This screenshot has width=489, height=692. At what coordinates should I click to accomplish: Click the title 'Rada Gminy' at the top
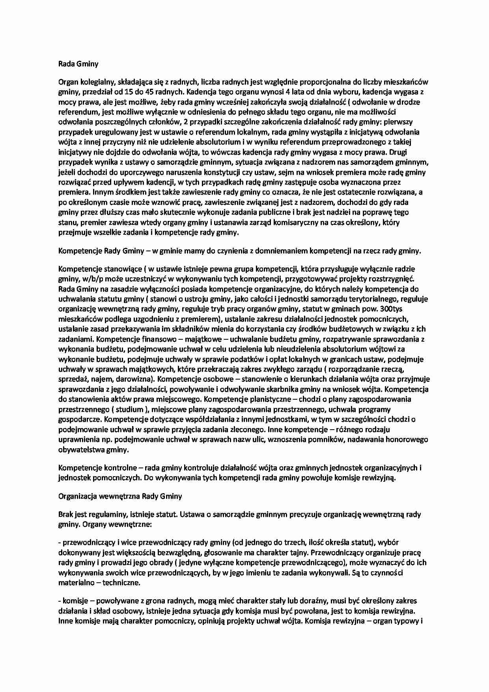click(78, 64)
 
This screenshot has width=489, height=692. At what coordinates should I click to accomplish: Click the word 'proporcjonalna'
click(324, 82)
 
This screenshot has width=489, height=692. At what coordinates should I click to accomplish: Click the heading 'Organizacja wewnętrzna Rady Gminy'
click(120, 496)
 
